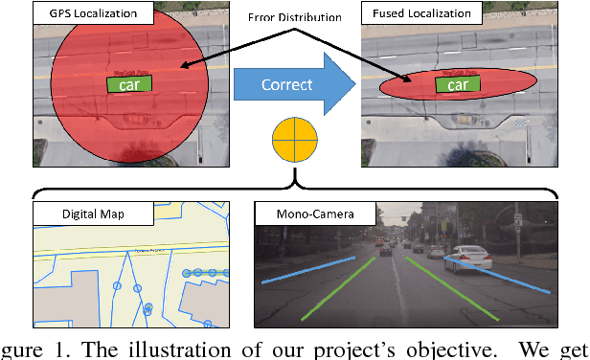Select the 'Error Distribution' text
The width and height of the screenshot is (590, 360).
pos(295,16)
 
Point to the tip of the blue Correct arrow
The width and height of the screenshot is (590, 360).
pos(355,84)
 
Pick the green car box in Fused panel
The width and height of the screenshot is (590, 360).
pos(458,84)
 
